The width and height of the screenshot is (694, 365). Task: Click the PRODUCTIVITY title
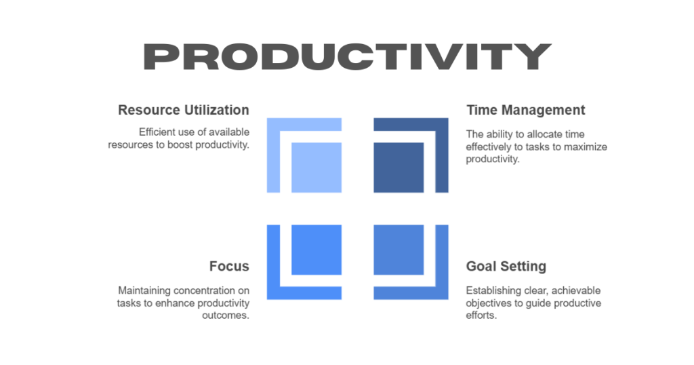[x=346, y=56]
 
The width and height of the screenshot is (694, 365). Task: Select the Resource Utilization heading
[x=183, y=110]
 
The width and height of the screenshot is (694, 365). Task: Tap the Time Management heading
[x=525, y=110]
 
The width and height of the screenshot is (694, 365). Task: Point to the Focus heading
[x=229, y=267]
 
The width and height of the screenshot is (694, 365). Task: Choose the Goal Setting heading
[x=506, y=267]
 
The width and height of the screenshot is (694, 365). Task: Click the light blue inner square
[x=316, y=168]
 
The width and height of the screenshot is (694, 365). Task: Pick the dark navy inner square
[x=399, y=168]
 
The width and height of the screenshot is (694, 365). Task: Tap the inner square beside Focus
[x=316, y=250]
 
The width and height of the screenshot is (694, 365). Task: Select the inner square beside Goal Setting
[x=399, y=250]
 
